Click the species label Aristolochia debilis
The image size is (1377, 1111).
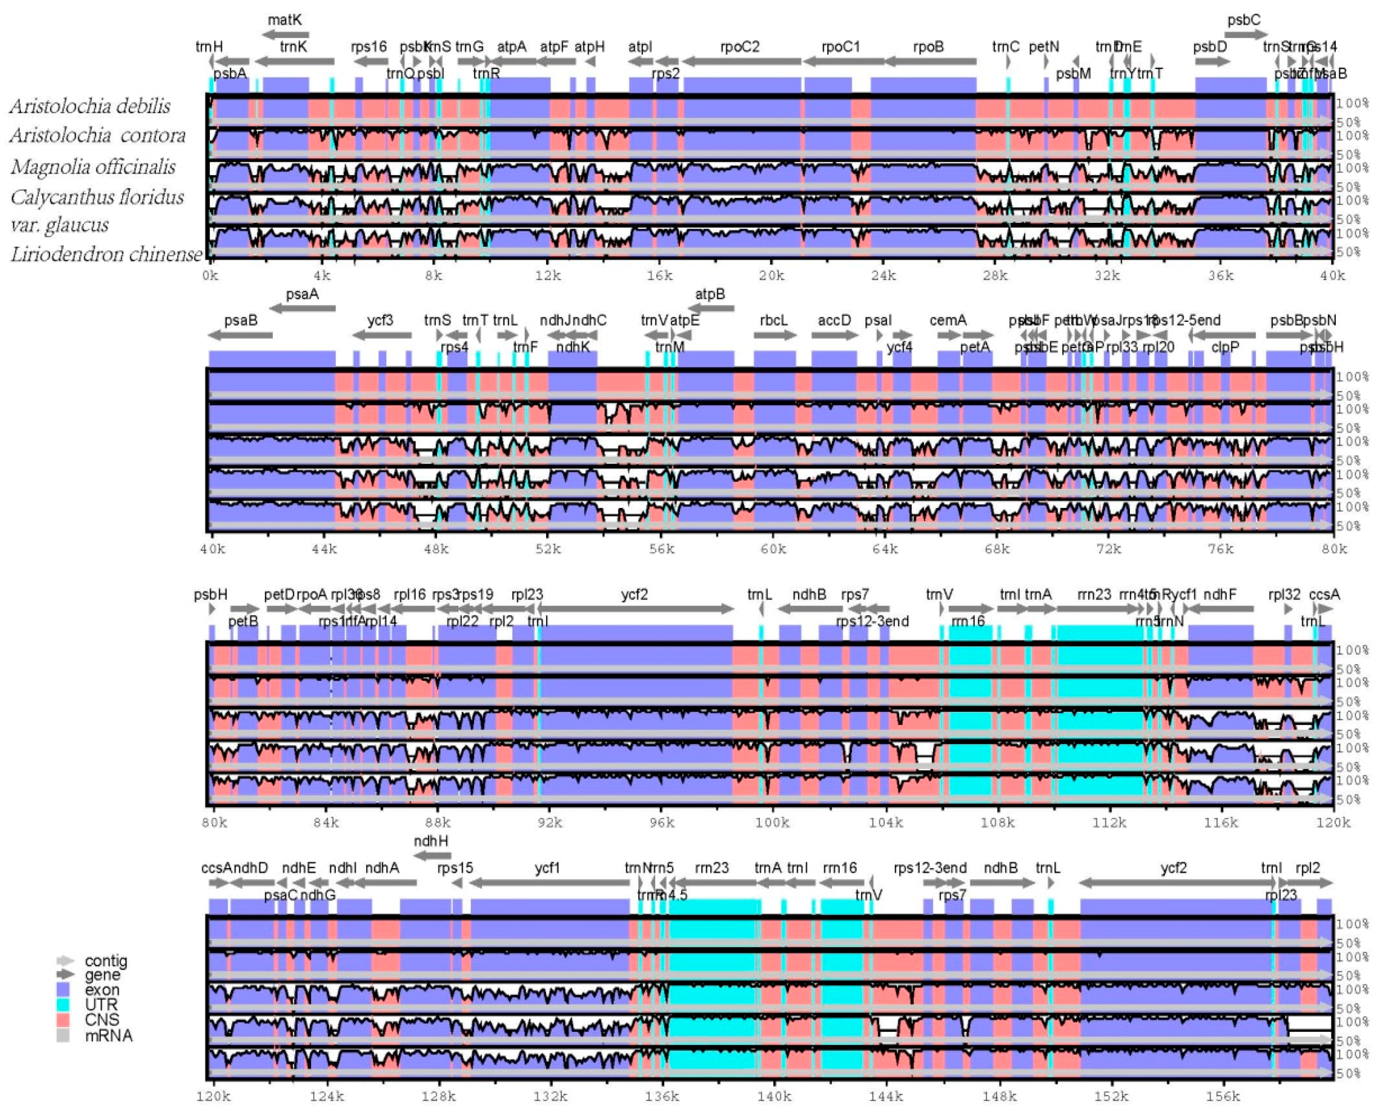click(90, 106)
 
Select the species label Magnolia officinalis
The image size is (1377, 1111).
click(93, 167)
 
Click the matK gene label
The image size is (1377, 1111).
click(285, 20)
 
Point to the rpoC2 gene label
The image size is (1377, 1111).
click(740, 47)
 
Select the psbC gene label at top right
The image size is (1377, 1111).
click(1243, 20)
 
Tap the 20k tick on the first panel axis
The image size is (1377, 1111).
click(771, 276)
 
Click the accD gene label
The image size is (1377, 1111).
click(834, 320)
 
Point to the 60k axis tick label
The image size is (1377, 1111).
click(773, 549)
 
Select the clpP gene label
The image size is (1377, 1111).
click(1225, 347)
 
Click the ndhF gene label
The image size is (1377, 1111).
click(1219, 595)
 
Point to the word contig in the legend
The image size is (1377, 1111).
click(106, 961)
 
